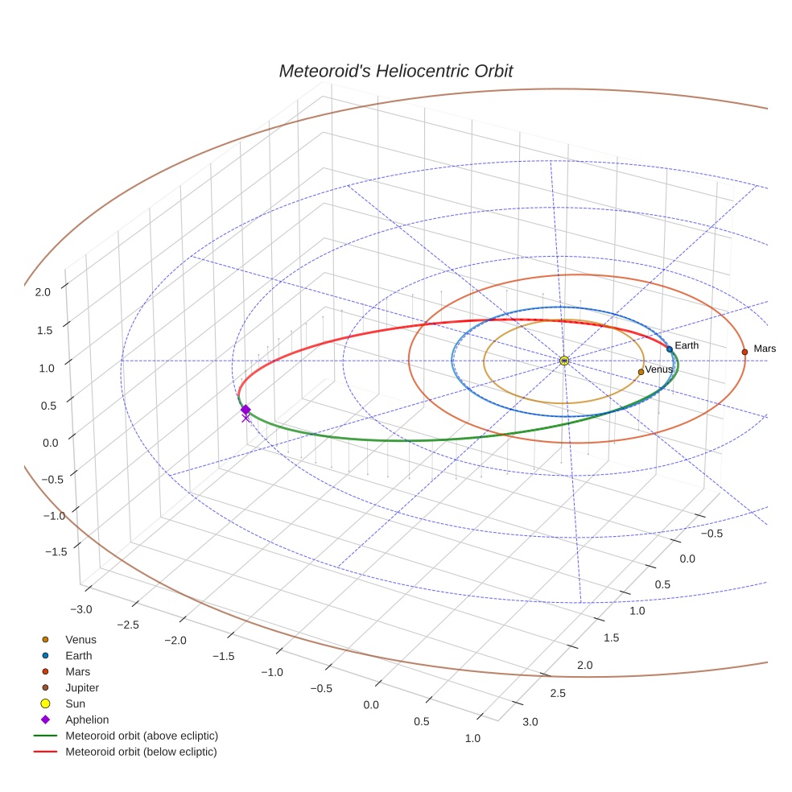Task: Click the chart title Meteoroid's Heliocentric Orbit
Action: (x=395, y=72)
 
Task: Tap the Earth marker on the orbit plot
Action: (x=670, y=349)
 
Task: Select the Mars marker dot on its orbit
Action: (x=745, y=352)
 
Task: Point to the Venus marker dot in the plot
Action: (x=641, y=371)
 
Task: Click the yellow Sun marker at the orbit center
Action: (x=564, y=361)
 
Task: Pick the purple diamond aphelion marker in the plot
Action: (x=245, y=410)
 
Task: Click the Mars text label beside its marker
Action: (x=764, y=349)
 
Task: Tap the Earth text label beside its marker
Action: (x=687, y=345)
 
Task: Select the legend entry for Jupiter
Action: (x=82, y=687)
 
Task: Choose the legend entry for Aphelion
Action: (x=87, y=720)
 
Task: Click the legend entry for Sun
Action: (x=75, y=703)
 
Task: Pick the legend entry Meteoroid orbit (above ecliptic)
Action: (x=142, y=736)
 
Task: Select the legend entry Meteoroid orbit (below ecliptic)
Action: (x=141, y=752)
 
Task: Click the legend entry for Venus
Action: (x=80, y=639)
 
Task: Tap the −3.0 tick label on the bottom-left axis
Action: (x=81, y=609)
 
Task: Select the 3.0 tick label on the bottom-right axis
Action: (x=530, y=721)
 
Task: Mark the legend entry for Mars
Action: (x=78, y=671)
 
